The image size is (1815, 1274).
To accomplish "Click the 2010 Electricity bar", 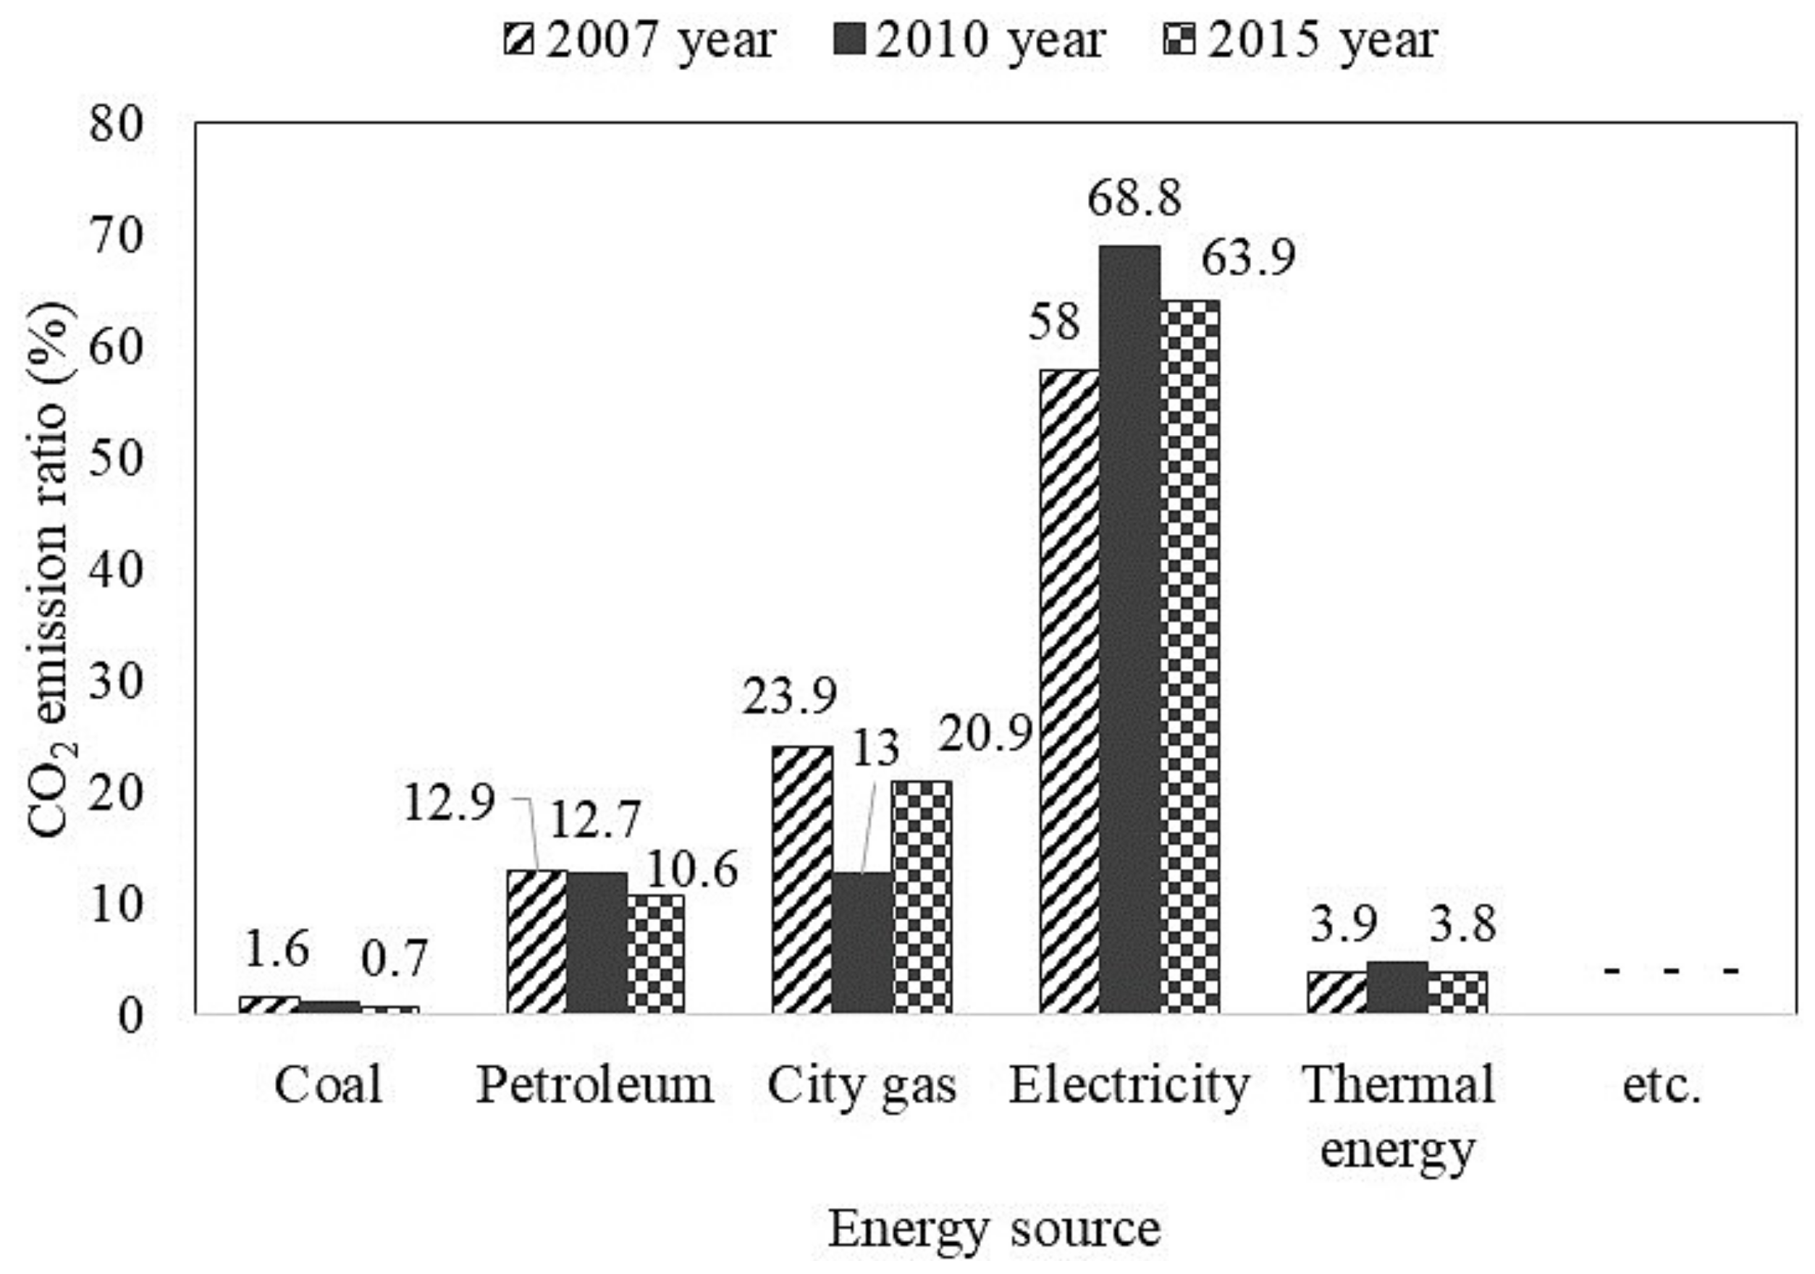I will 1129,628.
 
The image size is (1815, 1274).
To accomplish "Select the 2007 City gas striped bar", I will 801,879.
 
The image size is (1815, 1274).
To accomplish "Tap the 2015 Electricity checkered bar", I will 1189,656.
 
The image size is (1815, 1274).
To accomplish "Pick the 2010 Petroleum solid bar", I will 597,942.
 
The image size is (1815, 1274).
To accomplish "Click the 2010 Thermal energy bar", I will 1397,987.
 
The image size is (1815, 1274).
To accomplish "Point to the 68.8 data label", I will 1134,199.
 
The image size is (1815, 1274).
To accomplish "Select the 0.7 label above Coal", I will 395,958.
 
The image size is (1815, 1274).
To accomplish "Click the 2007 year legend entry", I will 640,40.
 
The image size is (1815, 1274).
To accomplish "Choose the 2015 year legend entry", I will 1300,40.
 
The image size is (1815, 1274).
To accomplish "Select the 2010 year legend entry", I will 970,40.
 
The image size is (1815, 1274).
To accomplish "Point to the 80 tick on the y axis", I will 117,125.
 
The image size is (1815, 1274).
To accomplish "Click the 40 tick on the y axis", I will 117,570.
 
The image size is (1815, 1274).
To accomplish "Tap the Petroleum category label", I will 594,1085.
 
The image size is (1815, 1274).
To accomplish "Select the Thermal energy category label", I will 1397,1116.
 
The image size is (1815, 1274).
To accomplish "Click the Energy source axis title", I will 994,1230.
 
